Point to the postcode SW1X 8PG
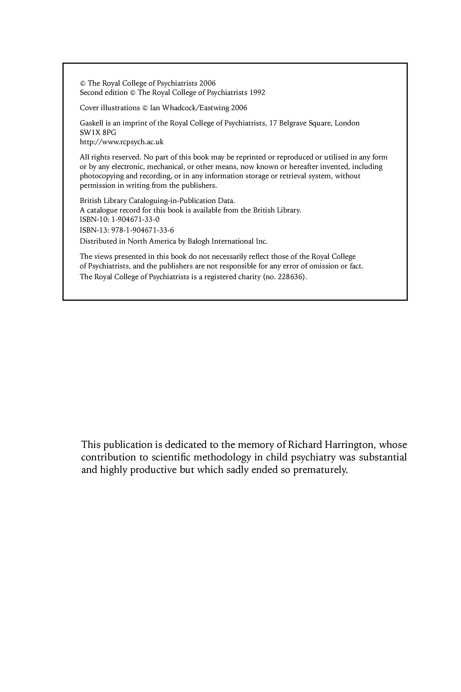[x=98, y=132]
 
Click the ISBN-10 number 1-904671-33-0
[x=135, y=220]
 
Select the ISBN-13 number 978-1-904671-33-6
[x=143, y=230]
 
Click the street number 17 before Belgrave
[x=273, y=123]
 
